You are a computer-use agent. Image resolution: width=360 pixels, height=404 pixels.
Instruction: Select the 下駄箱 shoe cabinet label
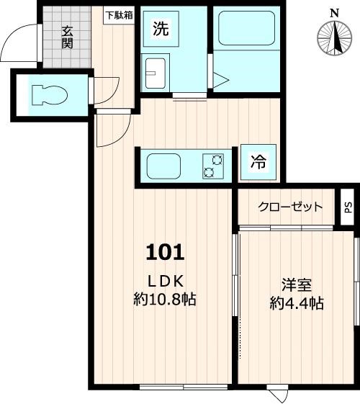(x=119, y=14)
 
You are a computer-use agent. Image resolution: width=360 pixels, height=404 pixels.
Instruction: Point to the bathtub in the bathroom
(x=246, y=30)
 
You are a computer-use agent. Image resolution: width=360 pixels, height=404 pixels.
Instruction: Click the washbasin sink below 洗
(x=156, y=73)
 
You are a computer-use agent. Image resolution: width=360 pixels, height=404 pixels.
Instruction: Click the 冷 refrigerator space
(x=258, y=163)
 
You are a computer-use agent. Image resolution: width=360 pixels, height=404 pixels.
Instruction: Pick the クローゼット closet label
(x=290, y=207)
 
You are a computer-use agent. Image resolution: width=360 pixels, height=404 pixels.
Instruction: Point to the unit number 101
(x=166, y=252)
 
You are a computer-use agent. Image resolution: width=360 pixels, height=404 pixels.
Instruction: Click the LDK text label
(x=167, y=281)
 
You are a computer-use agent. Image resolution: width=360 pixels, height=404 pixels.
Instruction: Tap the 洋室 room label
(x=296, y=284)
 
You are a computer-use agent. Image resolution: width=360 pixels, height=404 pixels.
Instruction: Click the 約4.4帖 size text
(x=296, y=303)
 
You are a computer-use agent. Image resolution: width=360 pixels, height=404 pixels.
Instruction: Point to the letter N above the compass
(x=333, y=12)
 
